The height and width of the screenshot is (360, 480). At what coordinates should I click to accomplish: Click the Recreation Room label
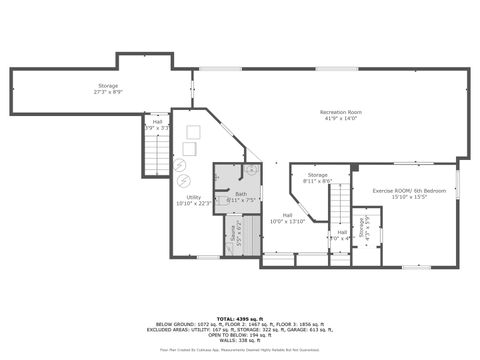pyautogui.click(x=339, y=111)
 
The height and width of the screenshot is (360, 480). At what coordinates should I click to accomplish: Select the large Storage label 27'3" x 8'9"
pyautogui.click(x=108, y=86)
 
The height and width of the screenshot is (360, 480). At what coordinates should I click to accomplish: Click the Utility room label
pyautogui.click(x=193, y=197)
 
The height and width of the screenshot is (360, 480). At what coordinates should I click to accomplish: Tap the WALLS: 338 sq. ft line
pyautogui.click(x=239, y=339)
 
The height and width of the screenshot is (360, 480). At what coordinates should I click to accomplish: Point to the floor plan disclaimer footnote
pyautogui.click(x=239, y=350)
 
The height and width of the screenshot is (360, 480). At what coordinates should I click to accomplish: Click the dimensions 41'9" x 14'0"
pyautogui.click(x=339, y=118)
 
